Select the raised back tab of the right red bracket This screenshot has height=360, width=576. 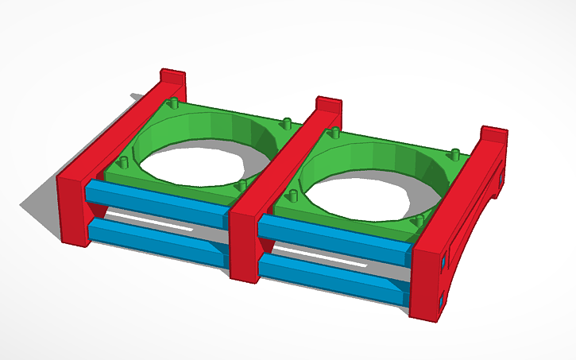click(493, 136)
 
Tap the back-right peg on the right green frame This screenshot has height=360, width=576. click(454, 153)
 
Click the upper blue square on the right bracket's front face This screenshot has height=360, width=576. click(442, 260)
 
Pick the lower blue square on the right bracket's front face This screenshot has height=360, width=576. click(442, 302)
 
